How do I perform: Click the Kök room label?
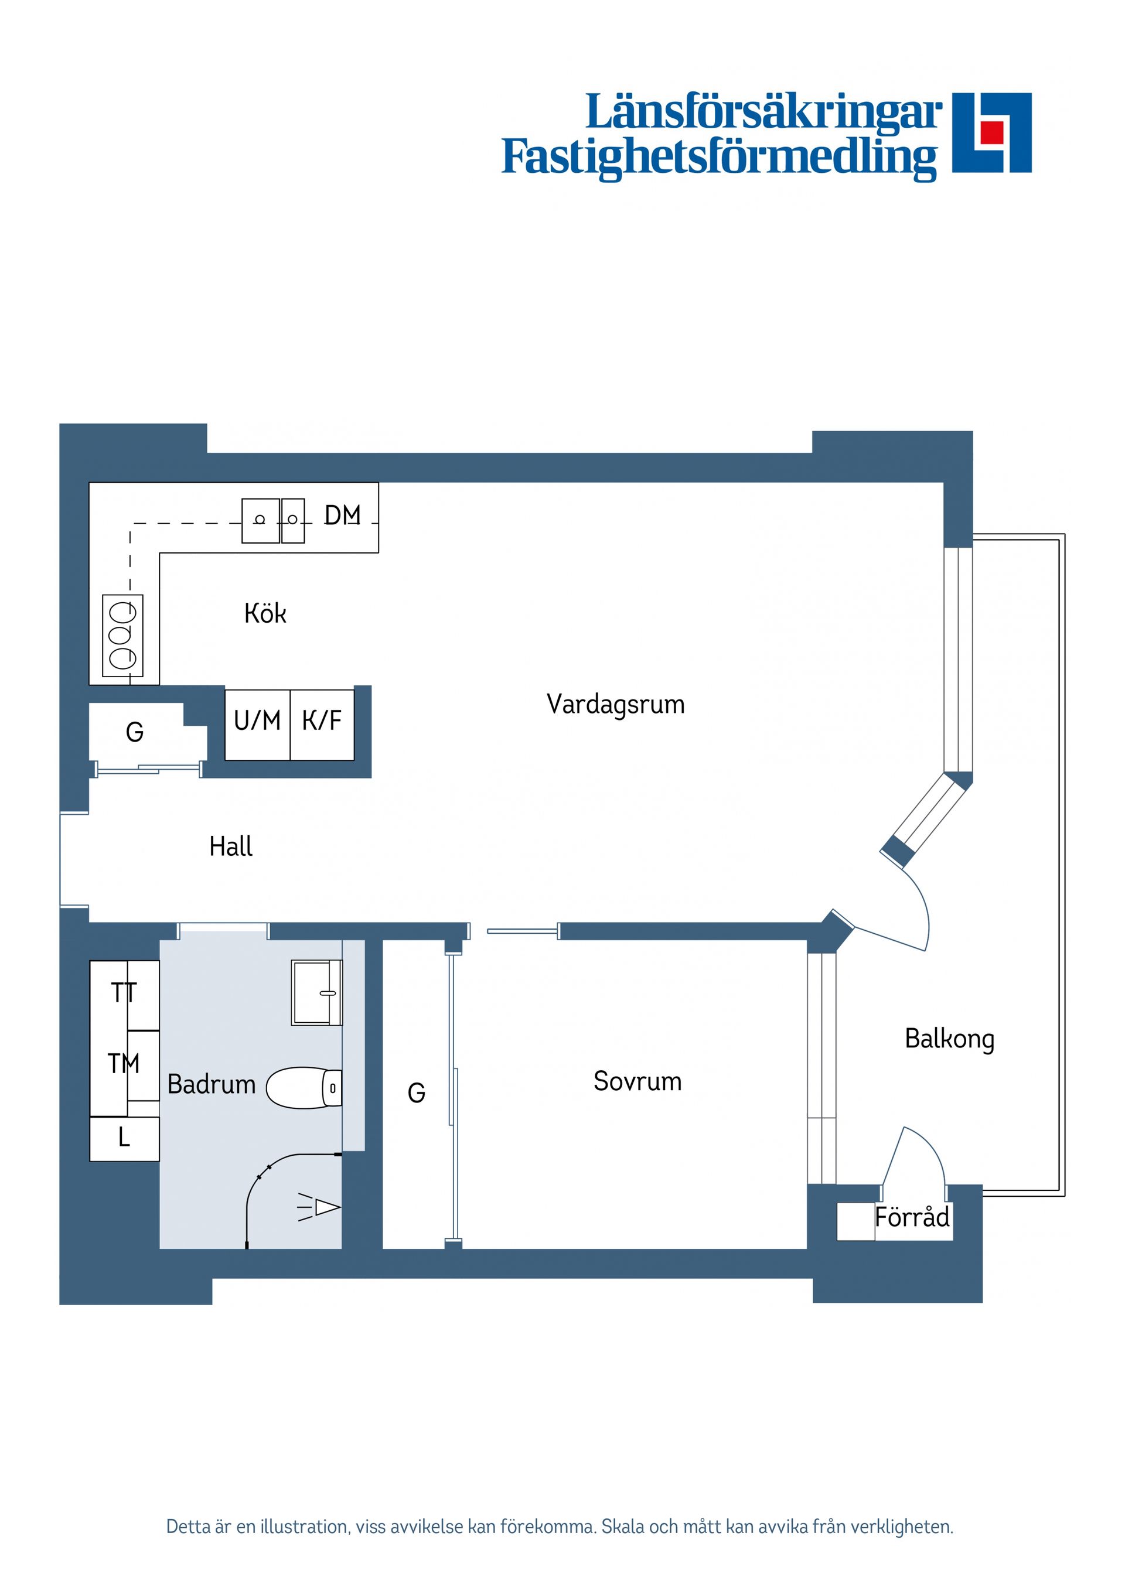265,613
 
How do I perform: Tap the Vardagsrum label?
615,704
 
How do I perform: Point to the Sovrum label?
637,1081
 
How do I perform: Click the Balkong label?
950,1039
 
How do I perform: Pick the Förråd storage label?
912,1216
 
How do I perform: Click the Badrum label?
212,1084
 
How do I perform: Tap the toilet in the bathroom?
304,1088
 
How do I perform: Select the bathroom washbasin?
317,992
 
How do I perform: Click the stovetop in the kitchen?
122,636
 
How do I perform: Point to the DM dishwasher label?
342,515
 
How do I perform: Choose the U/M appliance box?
257,725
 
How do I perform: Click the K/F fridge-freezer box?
322,725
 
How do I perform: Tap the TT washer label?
124,993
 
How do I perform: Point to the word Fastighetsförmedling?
720,159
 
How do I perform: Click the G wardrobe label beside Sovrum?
416,1092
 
